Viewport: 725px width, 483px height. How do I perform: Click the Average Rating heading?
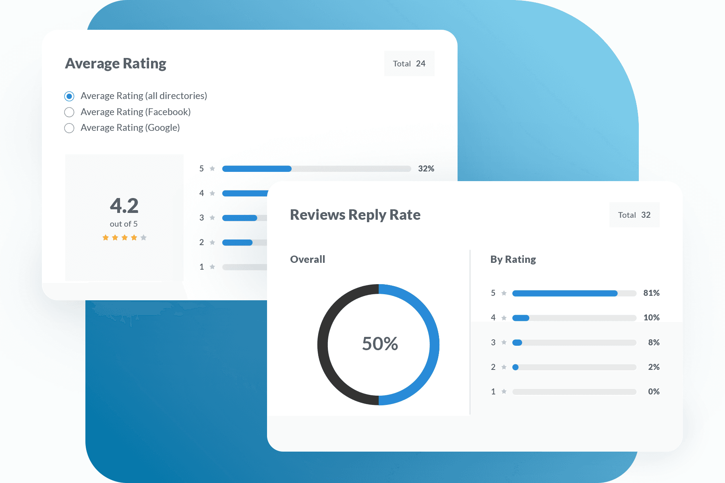[x=116, y=64]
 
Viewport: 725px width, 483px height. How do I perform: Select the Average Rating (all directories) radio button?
[x=69, y=96]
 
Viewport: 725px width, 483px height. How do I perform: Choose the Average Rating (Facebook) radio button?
[x=69, y=112]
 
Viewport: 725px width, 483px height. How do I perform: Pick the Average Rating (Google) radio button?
[x=69, y=128]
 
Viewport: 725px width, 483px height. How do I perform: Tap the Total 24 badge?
[x=409, y=64]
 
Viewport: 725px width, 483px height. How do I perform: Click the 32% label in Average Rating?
[x=426, y=169]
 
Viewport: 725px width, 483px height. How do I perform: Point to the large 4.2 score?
[x=124, y=206]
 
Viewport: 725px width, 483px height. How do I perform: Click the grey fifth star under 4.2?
[x=143, y=237]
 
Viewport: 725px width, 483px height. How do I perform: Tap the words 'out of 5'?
[x=124, y=224]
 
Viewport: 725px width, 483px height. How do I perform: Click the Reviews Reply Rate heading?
[x=355, y=215]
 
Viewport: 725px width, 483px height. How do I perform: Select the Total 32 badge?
[x=634, y=215]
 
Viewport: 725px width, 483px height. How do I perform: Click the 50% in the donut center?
[x=380, y=344]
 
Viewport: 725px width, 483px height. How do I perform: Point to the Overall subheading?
[x=307, y=259]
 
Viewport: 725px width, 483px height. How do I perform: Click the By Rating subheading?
[x=513, y=259]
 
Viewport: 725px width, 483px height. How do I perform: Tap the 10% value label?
[x=651, y=318]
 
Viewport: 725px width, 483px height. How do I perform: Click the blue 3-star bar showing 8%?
[x=517, y=343]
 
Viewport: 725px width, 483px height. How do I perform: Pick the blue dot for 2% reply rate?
[x=515, y=367]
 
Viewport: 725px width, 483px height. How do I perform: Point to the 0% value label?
[x=654, y=392]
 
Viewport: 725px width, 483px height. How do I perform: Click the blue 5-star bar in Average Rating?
[x=257, y=169]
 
